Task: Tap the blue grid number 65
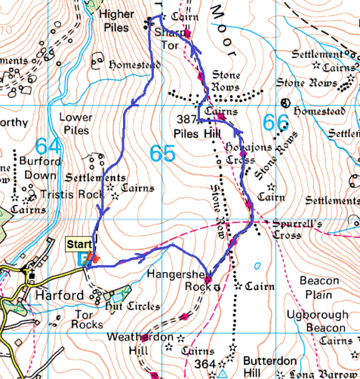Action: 162,152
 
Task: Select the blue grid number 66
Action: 275,123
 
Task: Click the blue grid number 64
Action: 48,146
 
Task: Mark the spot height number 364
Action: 205,364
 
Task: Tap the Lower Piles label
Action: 75,124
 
